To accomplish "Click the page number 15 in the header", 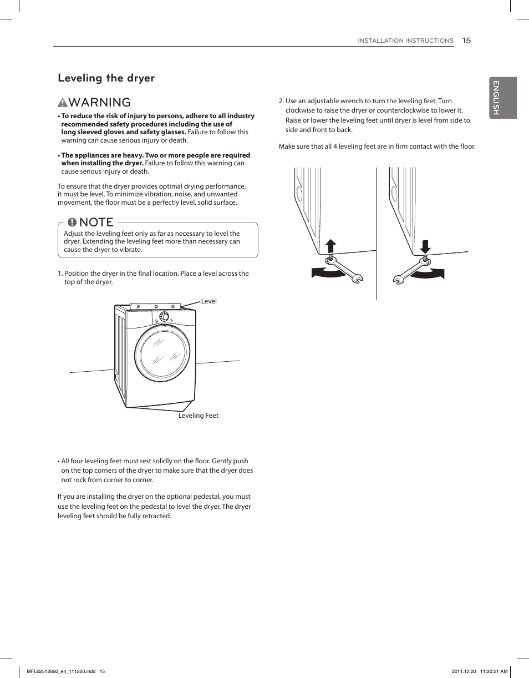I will pyautogui.click(x=466, y=41).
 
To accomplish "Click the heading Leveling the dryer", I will pyautogui.click(x=106, y=78).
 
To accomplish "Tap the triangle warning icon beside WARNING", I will pyautogui.click(x=63, y=103).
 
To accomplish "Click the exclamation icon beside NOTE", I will pyautogui.click(x=72, y=222).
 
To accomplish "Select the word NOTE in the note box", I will pyautogui.click(x=96, y=222).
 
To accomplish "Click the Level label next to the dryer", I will pyautogui.click(x=208, y=301).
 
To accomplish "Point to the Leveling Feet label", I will pyautogui.click(x=198, y=416).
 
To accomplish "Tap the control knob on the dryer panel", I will pyautogui.click(x=164, y=316).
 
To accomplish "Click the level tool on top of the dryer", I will pyautogui.click(x=155, y=306).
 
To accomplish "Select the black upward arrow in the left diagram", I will pyautogui.click(x=330, y=246).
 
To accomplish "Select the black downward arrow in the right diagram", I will pyautogui.click(x=426, y=246).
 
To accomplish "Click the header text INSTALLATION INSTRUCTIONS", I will pyautogui.click(x=405, y=41).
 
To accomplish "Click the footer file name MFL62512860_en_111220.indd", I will pyautogui.click(x=62, y=671).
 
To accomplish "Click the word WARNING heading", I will pyautogui.click(x=100, y=103).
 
